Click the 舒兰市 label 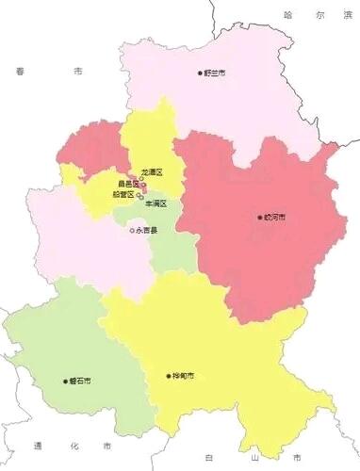(x=216, y=73)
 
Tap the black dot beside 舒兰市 (x=200, y=73)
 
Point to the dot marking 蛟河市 (x=260, y=218)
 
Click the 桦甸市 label (x=185, y=375)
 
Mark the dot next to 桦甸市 (x=170, y=375)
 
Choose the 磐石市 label (x=80, y=382)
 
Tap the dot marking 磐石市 (x=65, y=382)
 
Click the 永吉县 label (x=148, y=230)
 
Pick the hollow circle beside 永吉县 (x=133, y=230)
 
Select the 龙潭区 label (x=152, y=173)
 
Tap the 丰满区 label (x=155, y=203)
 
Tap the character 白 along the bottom (x=205, y=458)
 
